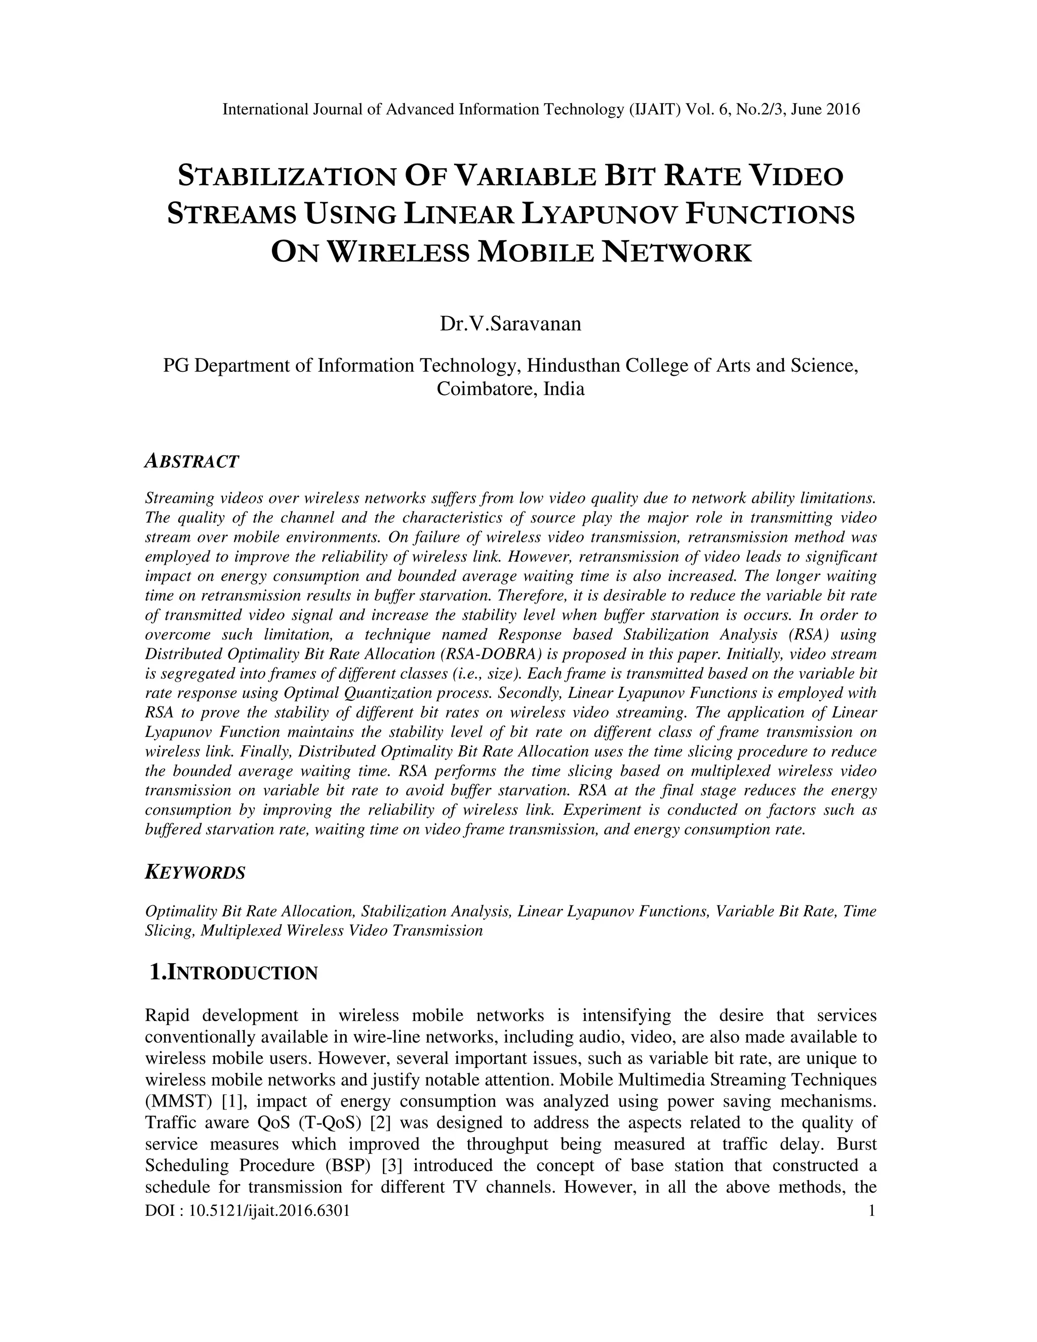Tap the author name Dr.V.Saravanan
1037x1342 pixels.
pyautogui.click(x=510, y=323)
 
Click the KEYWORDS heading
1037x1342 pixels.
pyautogui.click(x=195, y=873)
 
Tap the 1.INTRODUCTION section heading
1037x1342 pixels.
pyautogui.click(x=234, y=973)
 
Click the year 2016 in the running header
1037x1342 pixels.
pyautogui.click(x=843, y=110)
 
